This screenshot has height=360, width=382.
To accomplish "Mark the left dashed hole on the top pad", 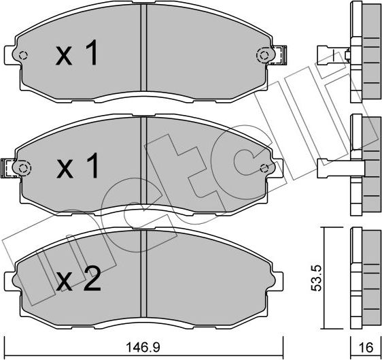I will tap(24, 56).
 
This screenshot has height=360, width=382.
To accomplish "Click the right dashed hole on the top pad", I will tap(262, 54).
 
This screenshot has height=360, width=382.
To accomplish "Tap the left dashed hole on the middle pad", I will tap(24, 167).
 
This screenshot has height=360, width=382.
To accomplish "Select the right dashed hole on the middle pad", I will tap(263, 167).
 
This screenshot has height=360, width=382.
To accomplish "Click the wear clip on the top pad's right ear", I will tap(280, 54).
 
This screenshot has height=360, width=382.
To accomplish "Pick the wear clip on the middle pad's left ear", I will tap(10, 167).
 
